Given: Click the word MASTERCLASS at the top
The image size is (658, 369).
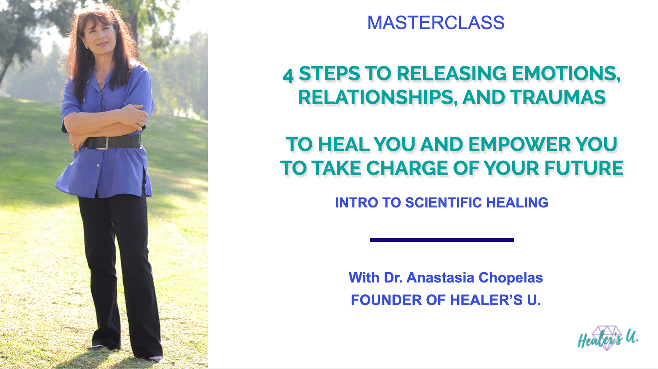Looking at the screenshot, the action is point(436,23).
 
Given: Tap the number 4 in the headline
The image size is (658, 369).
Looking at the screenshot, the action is point(288,75).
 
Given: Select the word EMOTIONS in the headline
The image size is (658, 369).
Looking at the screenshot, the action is point(566,73).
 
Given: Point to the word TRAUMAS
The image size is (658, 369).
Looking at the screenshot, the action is point(558,97).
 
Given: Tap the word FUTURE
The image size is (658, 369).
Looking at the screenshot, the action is point(584,168).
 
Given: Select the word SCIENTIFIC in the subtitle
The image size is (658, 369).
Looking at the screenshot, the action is point(444,203).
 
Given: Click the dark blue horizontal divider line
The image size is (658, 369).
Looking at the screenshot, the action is point(442,240).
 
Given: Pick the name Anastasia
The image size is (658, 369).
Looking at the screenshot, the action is point(440,278).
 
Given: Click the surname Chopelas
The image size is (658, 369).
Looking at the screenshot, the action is point(511,278).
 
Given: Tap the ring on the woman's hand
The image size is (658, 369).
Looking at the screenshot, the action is point(140,123).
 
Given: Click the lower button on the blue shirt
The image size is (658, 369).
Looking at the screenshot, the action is point(98,165).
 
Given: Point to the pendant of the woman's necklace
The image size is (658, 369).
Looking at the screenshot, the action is point(101,83).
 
